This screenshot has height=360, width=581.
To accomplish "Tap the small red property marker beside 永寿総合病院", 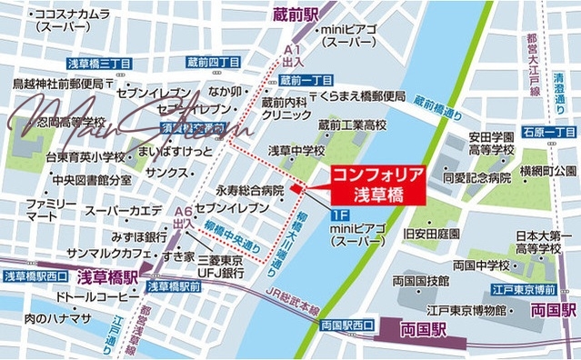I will tap(296, 190).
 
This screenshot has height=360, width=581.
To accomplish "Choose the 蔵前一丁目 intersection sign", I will tap(305, 80).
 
